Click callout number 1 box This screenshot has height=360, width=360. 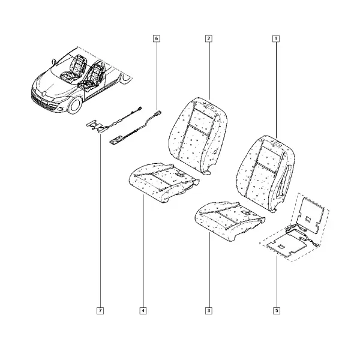[276, 38]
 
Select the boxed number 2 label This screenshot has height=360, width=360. [208, 38]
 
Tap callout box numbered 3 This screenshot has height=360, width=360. [209, 311]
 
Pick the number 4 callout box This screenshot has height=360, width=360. [143, 311]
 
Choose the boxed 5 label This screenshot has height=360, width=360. [277, 311]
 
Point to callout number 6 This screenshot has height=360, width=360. [157, 38]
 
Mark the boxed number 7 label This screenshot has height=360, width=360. [100, 311]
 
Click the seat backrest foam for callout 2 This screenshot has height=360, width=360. [198, 136]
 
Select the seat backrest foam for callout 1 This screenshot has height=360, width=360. [266, 173]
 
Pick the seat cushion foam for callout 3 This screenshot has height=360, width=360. [229, 221]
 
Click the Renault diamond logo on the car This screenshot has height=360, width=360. [44, 94]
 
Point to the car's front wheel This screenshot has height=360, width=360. [75, 106]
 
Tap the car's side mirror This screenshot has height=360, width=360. [54, 62]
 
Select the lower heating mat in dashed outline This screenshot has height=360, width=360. [286, 245]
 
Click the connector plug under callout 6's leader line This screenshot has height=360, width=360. [158, 113]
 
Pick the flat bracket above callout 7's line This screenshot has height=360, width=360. [96, 126]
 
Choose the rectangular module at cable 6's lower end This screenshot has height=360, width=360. [116, 140]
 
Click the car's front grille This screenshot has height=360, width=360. [40, 100]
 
